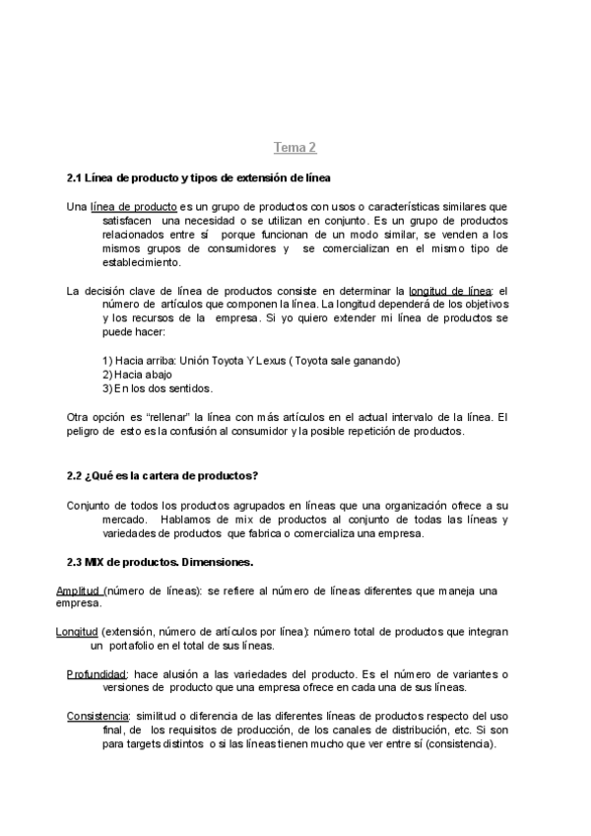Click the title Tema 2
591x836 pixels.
[x=295, y=148]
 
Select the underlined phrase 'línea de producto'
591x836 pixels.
[x=134, y=207]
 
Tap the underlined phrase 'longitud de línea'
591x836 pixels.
[x=450, y=291]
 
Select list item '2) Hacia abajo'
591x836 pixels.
[x=137, y=375]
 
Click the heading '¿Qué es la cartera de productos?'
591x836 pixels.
[x=171, y=475]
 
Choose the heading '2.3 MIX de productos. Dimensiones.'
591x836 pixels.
[x=160, y=562]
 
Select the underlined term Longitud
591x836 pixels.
[x=77, y=631]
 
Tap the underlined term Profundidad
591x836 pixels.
[x=98, y=673]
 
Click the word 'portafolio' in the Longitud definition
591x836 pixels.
[x=136, y=646]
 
